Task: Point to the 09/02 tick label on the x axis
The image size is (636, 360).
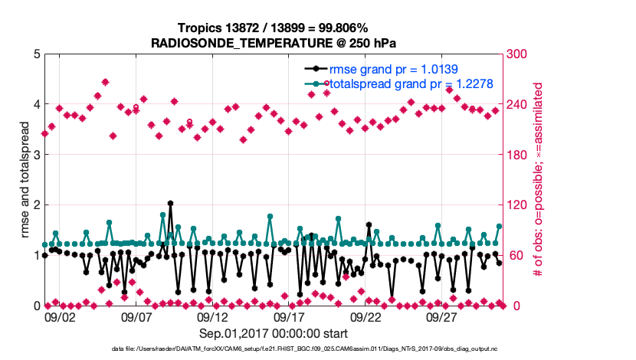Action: (60, 317)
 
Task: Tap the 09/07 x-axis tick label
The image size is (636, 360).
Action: (136, 317)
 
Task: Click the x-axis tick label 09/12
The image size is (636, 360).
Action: (213, 317)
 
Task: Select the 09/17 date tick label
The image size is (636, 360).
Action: (290, 317)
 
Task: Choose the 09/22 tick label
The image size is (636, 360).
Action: (366, 317)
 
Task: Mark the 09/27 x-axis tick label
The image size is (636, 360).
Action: (443, 317)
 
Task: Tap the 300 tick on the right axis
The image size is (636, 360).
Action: (517, 54)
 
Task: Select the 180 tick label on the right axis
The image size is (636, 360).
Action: (517, 155)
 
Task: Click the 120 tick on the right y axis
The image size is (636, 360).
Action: (517, 205)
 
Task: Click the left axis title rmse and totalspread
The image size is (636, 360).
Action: (23, 180)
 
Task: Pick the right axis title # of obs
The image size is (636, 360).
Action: (539, 180)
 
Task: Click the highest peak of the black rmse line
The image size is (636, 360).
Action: (170, 204)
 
